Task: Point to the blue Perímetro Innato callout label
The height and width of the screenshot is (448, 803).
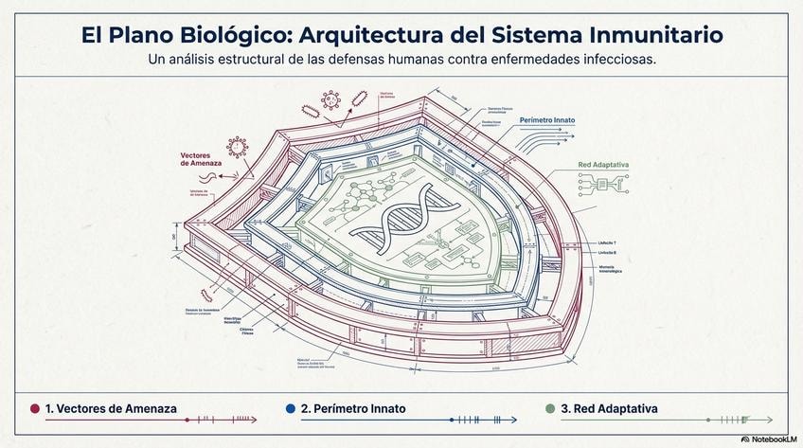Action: [547, 121]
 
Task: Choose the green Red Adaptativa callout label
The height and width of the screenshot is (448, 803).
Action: [604, 165]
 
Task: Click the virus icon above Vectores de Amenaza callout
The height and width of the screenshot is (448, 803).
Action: [237, 148]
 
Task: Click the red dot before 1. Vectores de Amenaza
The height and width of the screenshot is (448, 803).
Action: [35, 408]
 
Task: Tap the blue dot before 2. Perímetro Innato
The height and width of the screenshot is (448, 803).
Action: [291, 408]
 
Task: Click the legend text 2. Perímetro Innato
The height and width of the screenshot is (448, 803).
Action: [353, 408]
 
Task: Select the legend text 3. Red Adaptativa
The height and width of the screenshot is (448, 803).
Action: [609, 408]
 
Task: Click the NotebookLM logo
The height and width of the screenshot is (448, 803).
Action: [771, 439]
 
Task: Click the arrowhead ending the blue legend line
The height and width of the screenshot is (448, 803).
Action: [514, 419]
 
